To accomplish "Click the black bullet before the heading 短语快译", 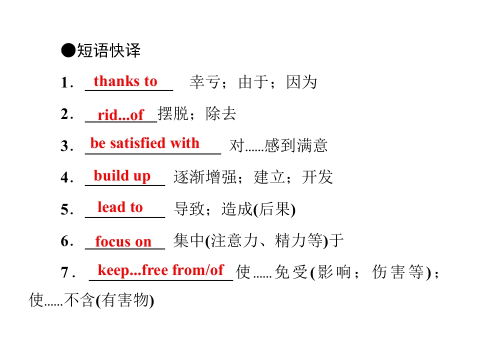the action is tap(68, 50).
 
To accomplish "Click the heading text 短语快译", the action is tap(108, 50).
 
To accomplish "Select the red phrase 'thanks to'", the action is tap(125, 81).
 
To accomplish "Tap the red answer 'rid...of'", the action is tap(120, 115).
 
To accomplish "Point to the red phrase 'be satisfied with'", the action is tap(145, 143).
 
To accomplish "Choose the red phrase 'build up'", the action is tap(122, 176).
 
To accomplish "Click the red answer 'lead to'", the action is tap(120, 207).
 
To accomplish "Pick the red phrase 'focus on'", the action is tap(123, 241).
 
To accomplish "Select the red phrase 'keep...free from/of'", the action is tap(160, 270).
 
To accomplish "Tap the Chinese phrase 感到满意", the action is tap(296, 145).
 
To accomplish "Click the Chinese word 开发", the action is tap(317, 177).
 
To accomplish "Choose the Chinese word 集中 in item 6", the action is tap(188, 240).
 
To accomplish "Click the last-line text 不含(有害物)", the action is tap(109, 300).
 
